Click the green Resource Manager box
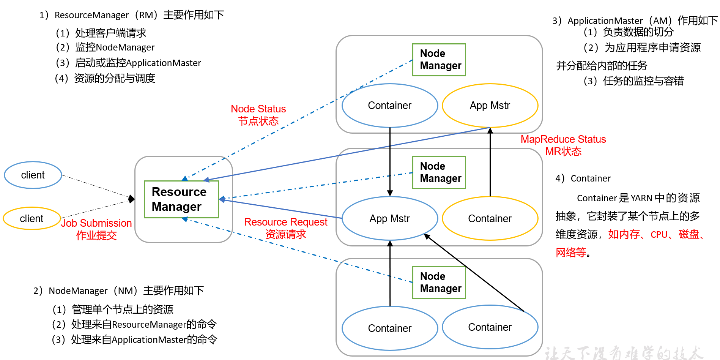181,199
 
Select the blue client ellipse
33,175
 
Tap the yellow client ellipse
32,219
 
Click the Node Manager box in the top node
439,60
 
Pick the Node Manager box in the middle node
439,172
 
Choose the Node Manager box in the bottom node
439,283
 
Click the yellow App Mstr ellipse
490,106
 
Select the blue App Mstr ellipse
390,219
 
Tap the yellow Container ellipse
490,219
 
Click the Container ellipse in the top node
390,106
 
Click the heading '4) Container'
583,178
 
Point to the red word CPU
659,235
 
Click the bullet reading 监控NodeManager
105,47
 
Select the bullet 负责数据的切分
629,32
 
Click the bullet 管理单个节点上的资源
113,309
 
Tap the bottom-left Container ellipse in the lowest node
390,328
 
